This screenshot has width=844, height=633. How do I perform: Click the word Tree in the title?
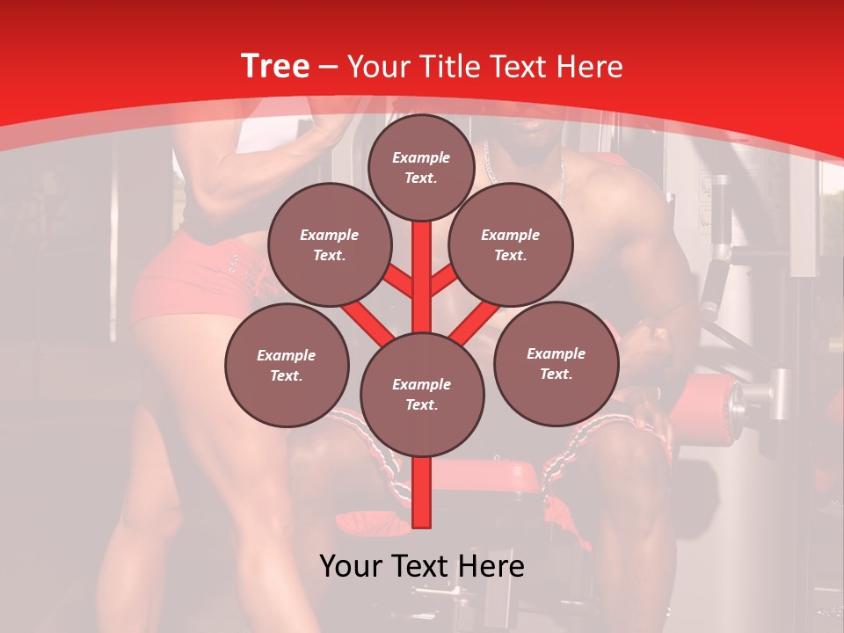275,67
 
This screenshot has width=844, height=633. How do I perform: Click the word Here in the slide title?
589,67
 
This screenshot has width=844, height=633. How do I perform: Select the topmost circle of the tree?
421,167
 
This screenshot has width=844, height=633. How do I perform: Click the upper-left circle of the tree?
329,244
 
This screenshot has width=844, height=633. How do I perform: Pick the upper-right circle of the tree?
510,244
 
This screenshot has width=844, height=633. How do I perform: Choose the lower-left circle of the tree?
286,365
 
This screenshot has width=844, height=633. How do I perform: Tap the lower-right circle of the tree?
556,363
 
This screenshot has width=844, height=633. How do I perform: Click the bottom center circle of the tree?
421,394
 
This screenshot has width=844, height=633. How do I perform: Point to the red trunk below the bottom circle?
421,492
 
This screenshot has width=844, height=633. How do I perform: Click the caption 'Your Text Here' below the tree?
421,566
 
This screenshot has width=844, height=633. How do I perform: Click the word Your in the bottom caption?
351,566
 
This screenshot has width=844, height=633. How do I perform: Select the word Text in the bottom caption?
421,566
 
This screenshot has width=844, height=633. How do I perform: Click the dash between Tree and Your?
329,68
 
